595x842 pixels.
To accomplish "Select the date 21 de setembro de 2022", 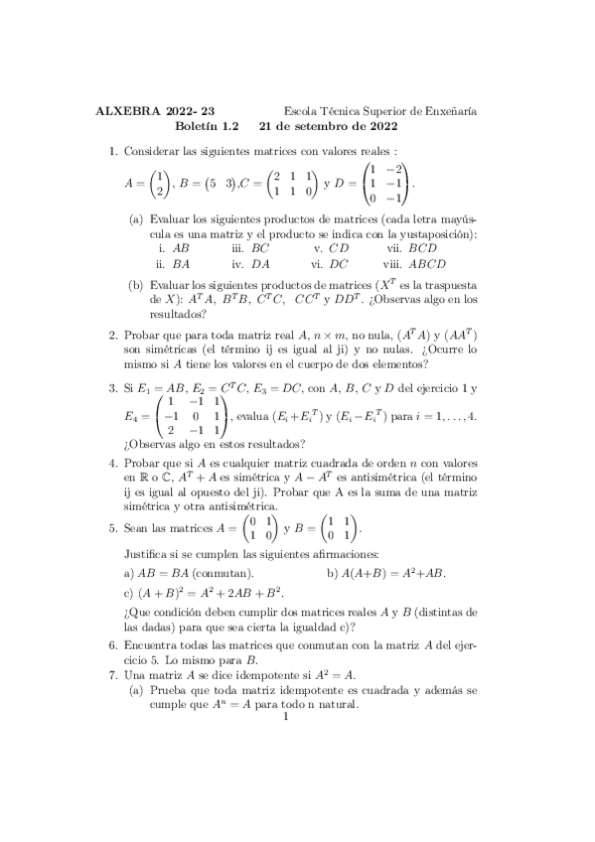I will [x=328, y=127].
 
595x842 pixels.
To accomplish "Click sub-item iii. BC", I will [x=250, y=247].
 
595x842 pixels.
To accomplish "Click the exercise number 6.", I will [x=112, y=644].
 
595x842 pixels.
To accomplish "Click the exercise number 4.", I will [x=112, y=466].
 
